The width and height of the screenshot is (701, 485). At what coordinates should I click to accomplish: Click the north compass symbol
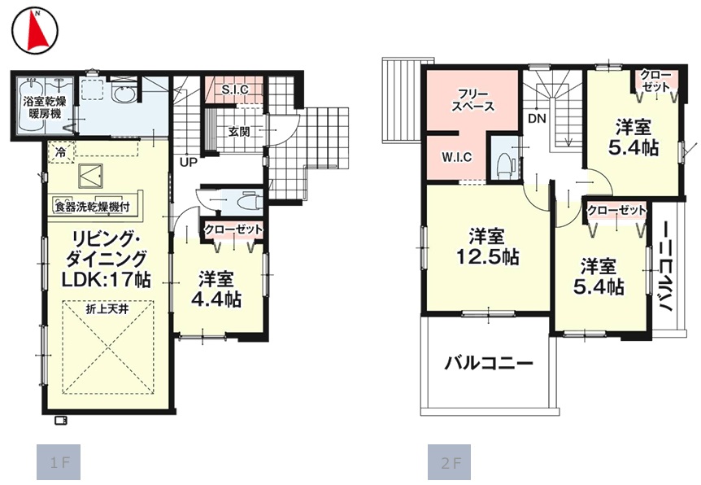click(x=35, y=30)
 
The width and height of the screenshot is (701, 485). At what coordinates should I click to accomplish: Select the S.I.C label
click(x=235, y=90)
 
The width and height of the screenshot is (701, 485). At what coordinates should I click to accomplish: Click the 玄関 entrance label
click(x=239, y=132)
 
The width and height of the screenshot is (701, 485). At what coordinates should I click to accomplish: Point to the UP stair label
click(x=189, y=162)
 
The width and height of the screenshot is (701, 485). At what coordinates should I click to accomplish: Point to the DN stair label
click(x=537, y=119)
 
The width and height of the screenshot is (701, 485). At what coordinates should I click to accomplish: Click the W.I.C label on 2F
click(x=456, y=157)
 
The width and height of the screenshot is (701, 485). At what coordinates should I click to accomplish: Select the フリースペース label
click(x=472, y=101)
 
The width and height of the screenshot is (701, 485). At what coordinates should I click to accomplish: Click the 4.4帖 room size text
click(x=216, y=299)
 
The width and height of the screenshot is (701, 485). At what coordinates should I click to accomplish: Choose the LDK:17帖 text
click(x=106, y=280)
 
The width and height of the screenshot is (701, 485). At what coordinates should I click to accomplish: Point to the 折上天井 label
click(x=107, y=309)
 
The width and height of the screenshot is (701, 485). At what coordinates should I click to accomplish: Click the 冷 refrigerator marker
click(x=60, y=152)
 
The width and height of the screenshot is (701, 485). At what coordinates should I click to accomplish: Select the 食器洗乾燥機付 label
click(x=92, y=208)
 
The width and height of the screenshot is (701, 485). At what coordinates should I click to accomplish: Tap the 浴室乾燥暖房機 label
click(x=44, y=107)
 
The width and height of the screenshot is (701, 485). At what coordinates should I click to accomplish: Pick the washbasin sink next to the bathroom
click(x=122, y=94)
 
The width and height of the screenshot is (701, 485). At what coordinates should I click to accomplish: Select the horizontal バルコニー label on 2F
click(x=489, y=362)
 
